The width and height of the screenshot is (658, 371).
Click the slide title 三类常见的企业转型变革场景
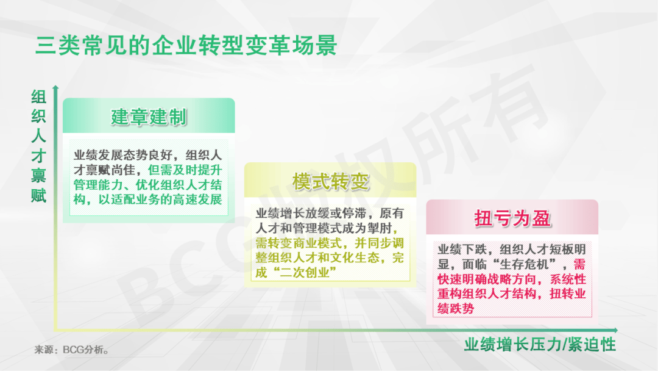point(186,45)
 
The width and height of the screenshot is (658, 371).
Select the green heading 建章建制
point(149,117)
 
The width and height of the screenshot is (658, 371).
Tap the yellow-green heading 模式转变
point(331,181)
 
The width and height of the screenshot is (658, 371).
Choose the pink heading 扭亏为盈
point(512,218)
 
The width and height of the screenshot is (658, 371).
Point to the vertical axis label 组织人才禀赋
point(38,146)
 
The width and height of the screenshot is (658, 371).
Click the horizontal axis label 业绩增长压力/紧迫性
point(540,345)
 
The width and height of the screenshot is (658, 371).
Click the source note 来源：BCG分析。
point(71,350)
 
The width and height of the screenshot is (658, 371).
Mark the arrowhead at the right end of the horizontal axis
point(615,330)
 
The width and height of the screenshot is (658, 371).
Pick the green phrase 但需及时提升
point(185,170)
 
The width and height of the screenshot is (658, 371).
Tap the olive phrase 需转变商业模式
point(299,243)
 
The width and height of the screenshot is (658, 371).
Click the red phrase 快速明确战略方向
point(487,279)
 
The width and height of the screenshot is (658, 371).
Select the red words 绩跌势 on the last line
point(456,309)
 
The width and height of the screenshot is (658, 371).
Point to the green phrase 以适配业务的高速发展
point(160,200)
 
